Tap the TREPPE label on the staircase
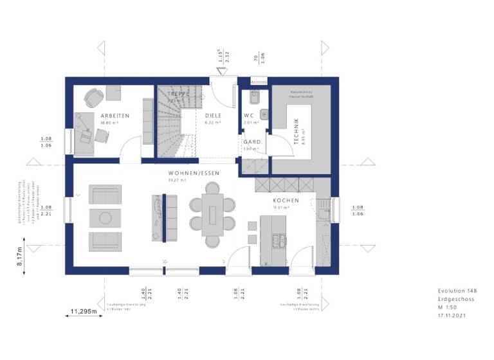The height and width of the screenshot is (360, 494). click(x=179, y=94)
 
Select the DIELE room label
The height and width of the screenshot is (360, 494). click(x=214, y=116)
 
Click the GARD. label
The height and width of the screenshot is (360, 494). click(x=251, y=142)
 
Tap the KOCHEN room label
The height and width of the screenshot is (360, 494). click(x=286, y=201)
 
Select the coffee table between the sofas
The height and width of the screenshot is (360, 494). click(x=105, y=217)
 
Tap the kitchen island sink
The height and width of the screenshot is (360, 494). click(x=277, y=242)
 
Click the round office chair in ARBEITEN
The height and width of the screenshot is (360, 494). click(x=94, y=98)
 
